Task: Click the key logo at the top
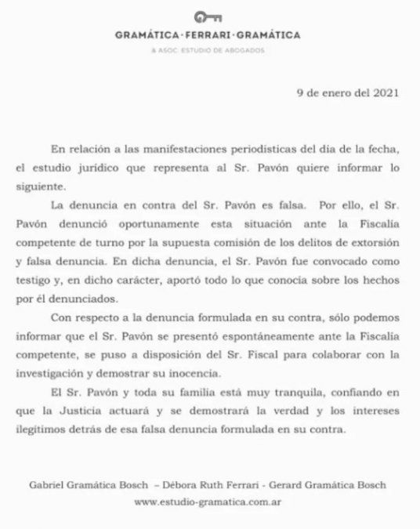209,16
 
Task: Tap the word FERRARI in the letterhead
209,35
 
